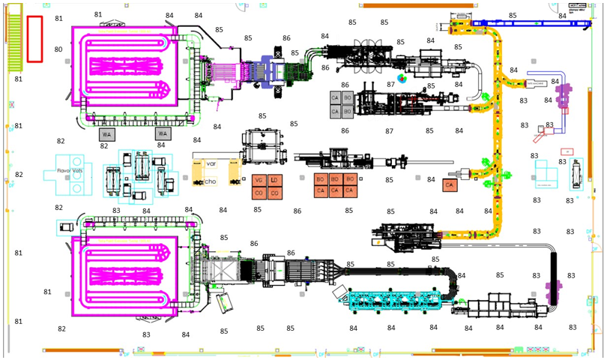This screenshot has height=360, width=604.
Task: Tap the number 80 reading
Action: pyautogui.click(x=58, y=50)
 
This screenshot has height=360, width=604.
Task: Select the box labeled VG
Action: pyautogui.click(x=259, y=181)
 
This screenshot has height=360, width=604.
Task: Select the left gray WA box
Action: pyautogui.click(x=106, y=134)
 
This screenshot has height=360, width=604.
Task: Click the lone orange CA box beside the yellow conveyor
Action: pyautogui.click(x=450, y=184)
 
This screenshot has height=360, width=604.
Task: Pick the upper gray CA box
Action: pyautogui.click(x=335, y=97)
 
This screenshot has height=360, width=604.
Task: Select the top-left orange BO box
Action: pyautogui.click(x=321, y=180)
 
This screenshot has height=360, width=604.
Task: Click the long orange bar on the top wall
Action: pyautogui.click(x=403, y=5)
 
